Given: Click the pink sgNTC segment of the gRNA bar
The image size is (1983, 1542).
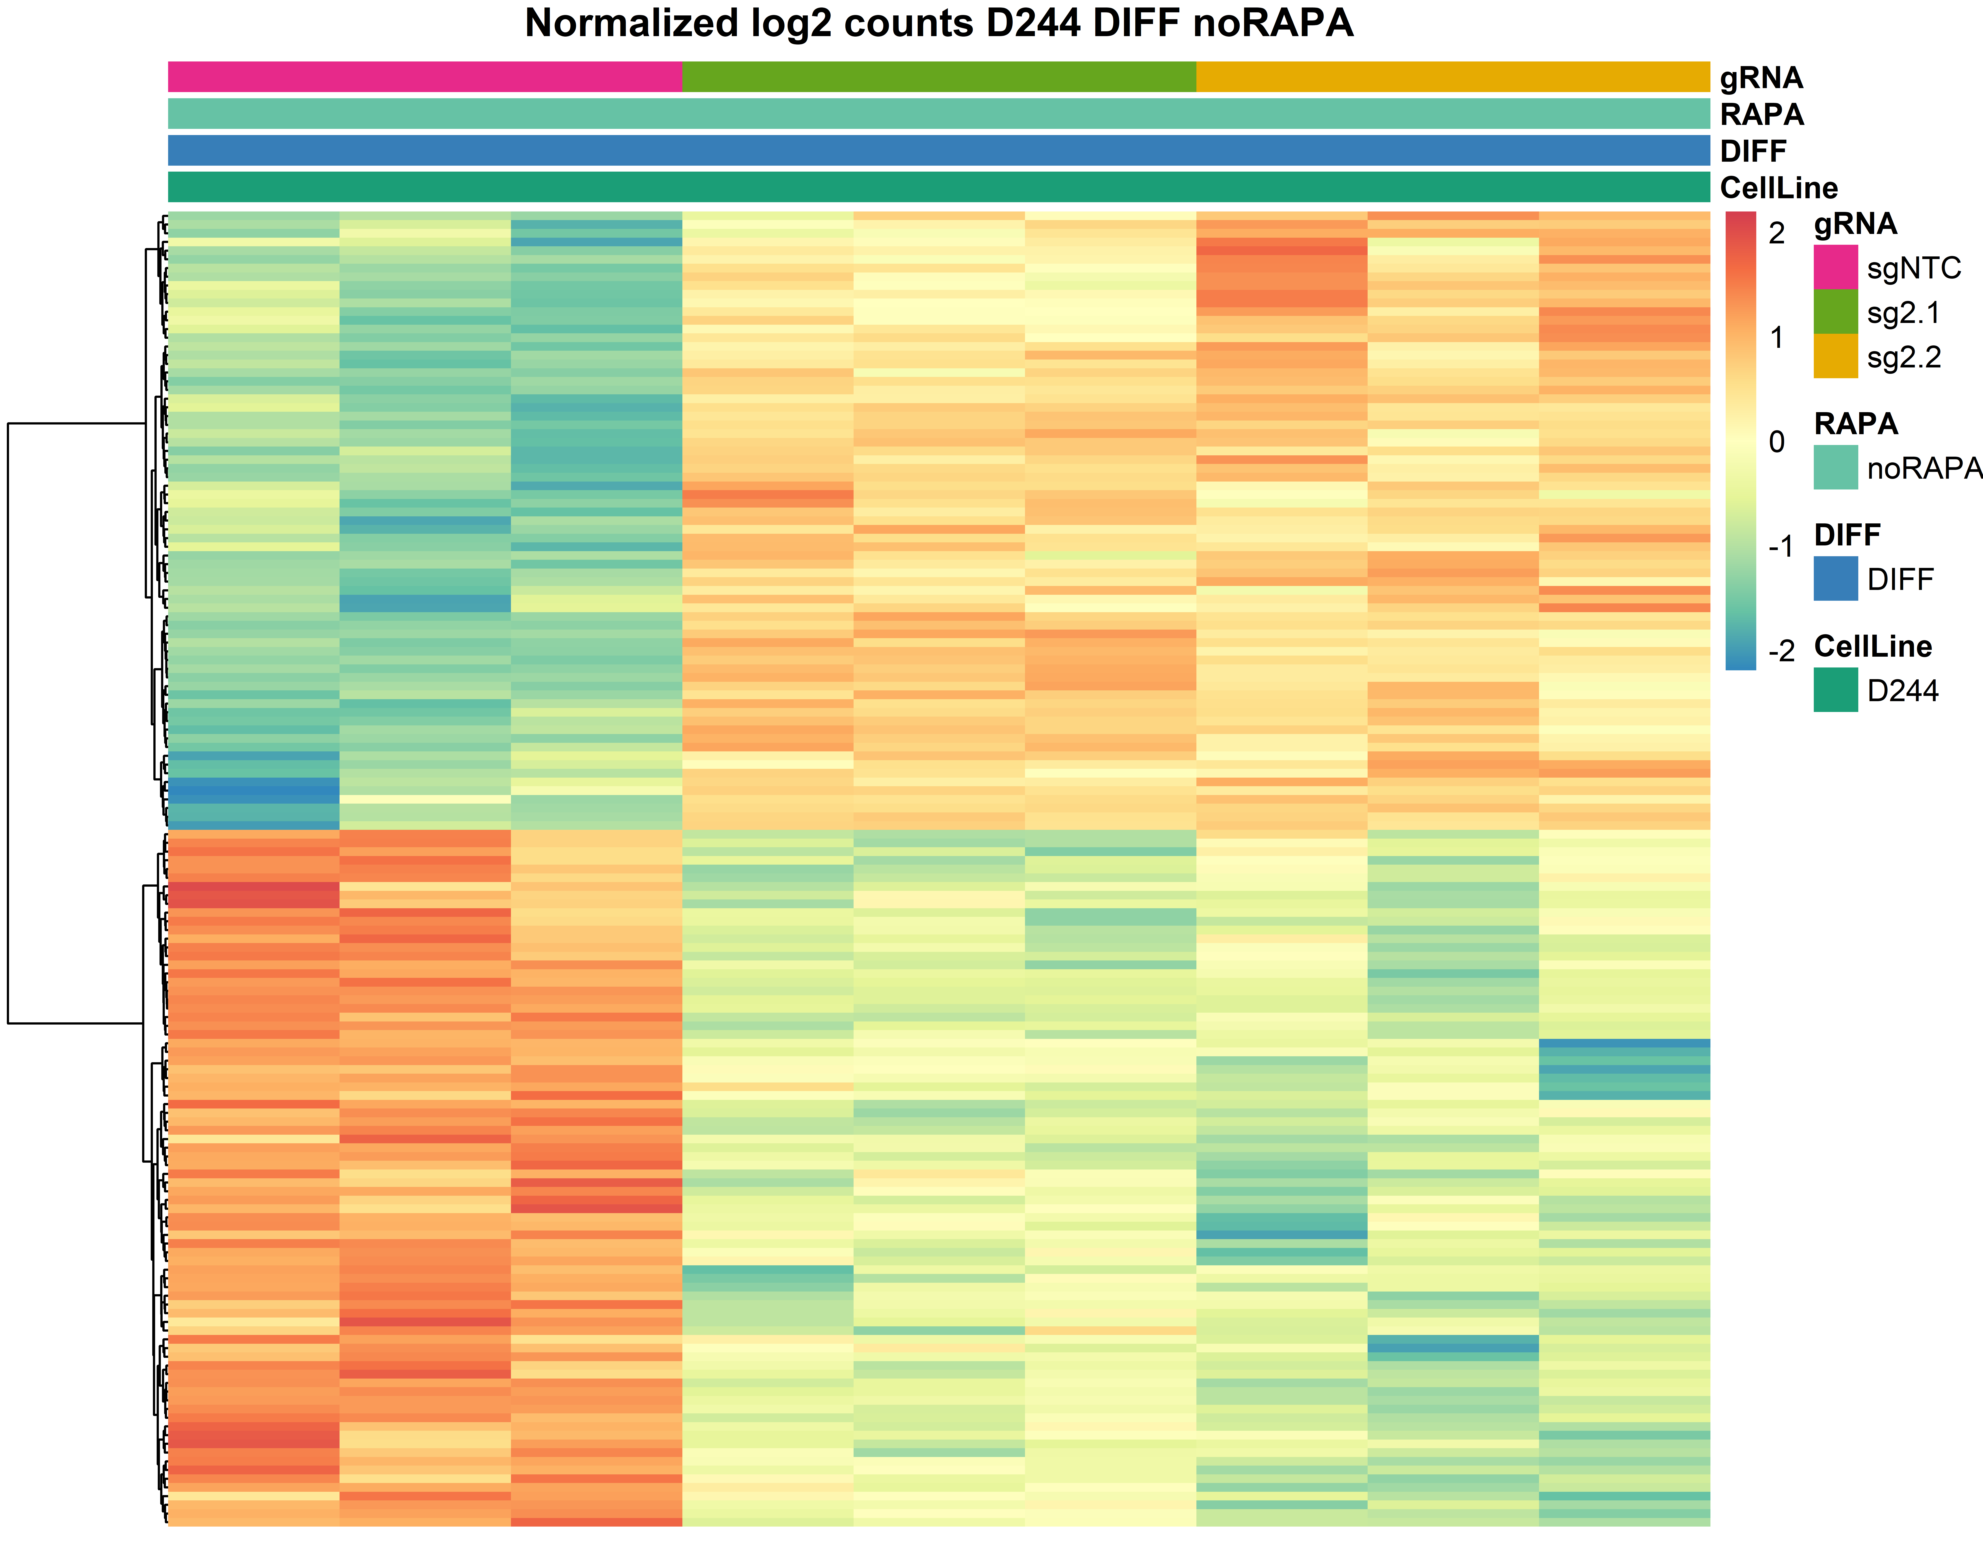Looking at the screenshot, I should [x=425, y=77].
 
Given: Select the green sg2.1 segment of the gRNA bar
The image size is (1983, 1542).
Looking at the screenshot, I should [x=939, y=77].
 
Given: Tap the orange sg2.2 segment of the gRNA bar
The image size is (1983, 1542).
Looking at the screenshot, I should [x=1453, y=77].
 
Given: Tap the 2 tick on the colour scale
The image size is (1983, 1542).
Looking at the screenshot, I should [x=1777, y=233].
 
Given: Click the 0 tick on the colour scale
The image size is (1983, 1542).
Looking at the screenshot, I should [x=1777, y=442].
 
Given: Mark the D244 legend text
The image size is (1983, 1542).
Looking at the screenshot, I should [x=1902, y=691].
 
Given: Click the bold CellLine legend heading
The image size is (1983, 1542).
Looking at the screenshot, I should [x=1872, y=646].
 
